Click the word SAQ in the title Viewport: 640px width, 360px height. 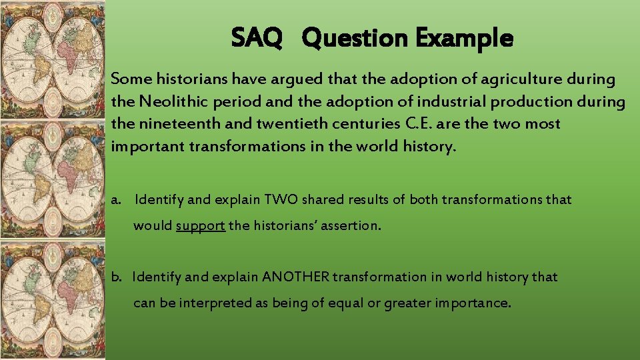point(257,38)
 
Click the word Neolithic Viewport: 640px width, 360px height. point(170,101)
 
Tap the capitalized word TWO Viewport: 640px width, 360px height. point(285,199)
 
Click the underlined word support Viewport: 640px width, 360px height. point(201,225)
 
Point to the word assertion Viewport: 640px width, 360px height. point(352,225)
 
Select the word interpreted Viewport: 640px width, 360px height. point(215,303)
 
